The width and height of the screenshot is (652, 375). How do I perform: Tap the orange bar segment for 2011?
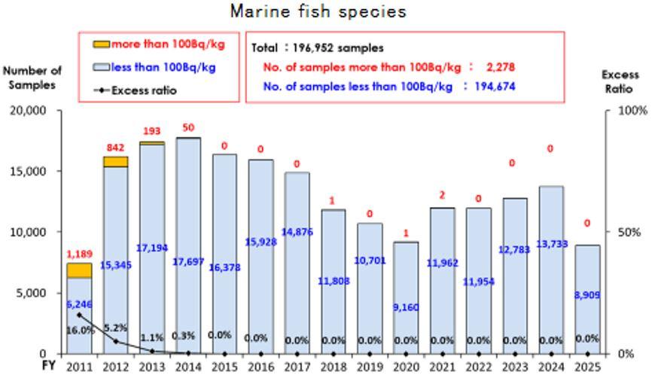click(x=79, y=270)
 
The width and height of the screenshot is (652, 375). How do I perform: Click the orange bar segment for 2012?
click(x=115, y=162)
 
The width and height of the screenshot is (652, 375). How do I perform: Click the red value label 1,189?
click(x=79, y=254)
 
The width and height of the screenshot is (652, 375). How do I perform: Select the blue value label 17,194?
click(x=152, y=246)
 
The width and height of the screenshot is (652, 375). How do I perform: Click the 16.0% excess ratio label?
click(x=79, y=330)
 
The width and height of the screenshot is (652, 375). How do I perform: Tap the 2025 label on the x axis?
click(x=587, y=367)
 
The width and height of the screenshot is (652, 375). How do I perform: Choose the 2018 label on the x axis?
click(x=333, y=367)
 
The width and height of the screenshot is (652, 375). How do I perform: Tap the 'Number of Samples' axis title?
click(x=32, y=78)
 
